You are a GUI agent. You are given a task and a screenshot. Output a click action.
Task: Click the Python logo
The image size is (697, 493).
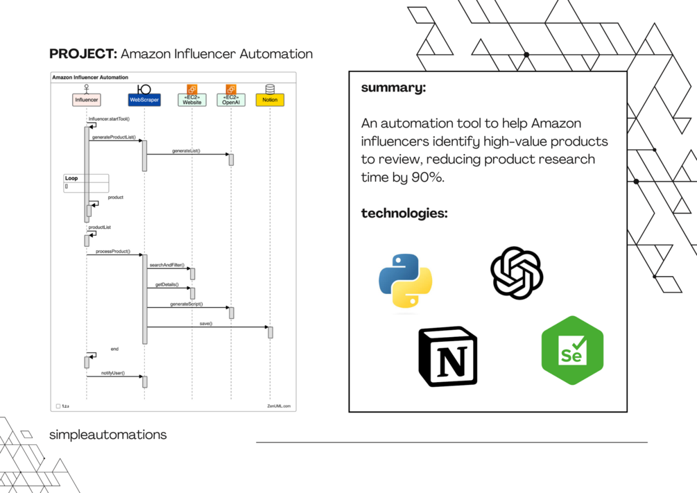(406, 281)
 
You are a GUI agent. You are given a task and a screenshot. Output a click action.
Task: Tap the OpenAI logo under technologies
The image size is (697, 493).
(517, 273)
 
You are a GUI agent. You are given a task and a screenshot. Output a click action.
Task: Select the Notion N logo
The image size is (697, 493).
(448, 356)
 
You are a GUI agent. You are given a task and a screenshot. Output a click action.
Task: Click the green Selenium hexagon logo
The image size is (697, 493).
(572, 350)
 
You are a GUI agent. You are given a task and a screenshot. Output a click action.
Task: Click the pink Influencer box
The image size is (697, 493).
(87, 100)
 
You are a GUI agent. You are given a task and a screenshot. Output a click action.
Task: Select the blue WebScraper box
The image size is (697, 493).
(144, 100)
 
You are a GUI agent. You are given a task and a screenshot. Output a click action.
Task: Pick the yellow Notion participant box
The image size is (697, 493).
(270, 100)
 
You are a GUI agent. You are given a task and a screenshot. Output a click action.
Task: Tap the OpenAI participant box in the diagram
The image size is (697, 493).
(231, 100)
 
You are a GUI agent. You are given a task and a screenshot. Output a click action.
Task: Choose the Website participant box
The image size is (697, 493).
(192, 100)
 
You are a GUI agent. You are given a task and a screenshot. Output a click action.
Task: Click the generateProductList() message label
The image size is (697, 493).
(112, 137)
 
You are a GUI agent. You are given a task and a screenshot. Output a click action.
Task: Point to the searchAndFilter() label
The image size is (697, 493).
(166, 266)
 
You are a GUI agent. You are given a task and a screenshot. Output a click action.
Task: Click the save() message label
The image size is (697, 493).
(206, 324)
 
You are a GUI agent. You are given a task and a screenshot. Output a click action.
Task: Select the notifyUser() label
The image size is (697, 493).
(112, 373)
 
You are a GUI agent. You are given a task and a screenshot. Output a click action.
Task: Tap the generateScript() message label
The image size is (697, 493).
(186, 304)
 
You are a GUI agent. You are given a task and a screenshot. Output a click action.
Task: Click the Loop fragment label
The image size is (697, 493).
(71, 178)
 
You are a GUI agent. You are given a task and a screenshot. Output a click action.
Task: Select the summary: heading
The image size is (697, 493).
(393, 88)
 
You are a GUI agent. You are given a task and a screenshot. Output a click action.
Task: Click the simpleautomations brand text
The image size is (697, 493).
(107, 435)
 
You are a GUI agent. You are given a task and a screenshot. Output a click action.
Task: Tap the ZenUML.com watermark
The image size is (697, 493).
(279, 406)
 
